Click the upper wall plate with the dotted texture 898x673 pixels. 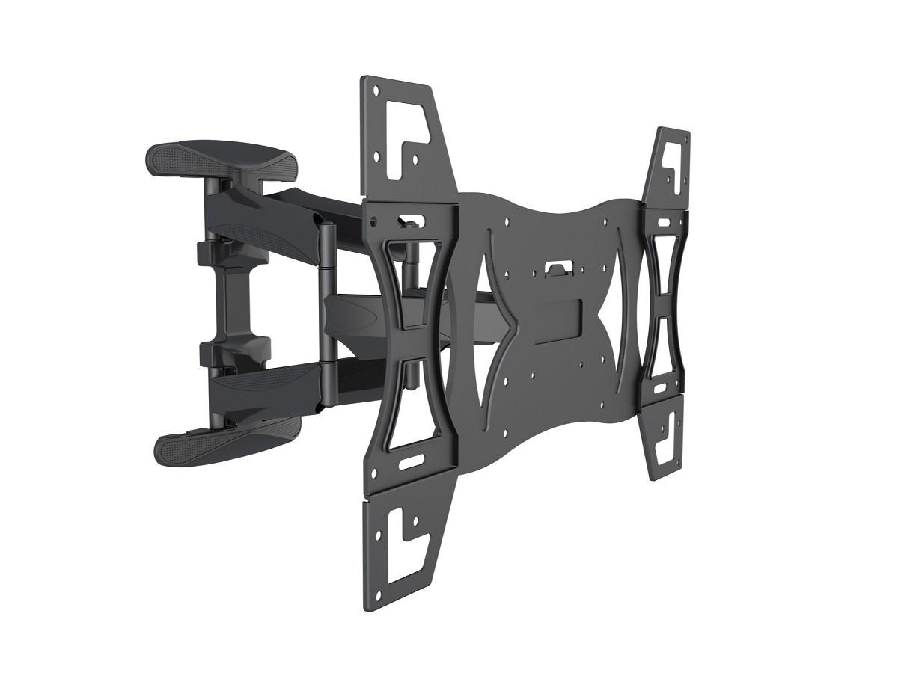click(217, 156)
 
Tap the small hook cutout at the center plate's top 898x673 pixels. click(556, 267)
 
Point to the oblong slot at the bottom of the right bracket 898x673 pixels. click(660, 389)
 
